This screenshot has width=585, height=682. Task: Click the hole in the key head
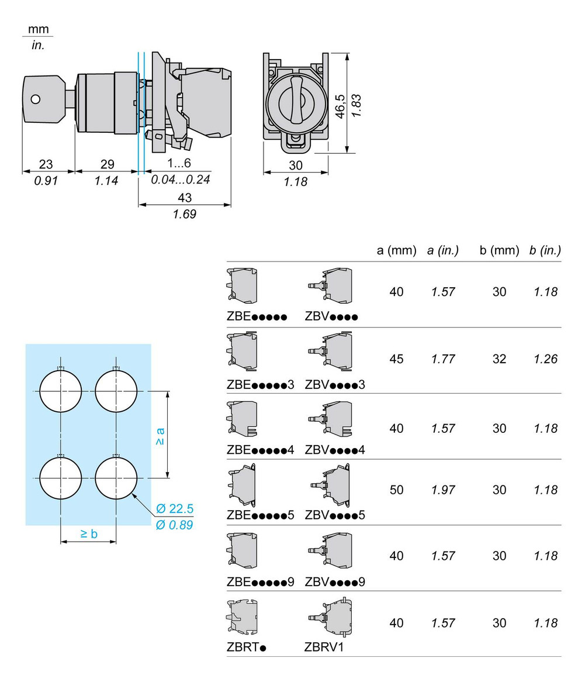(x=36, y=99)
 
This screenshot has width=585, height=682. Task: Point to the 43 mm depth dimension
(x=184, y=198)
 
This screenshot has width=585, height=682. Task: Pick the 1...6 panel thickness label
(x=179, y=164)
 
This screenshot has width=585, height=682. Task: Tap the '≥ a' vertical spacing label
(x=160, y=436)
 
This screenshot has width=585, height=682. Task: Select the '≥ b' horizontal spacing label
(x=89, y=533)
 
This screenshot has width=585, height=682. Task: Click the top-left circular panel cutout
(x=61, y=391)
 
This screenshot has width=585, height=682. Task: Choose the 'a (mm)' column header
(x=396, y=251)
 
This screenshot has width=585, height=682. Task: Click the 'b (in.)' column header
(x=545, y=251)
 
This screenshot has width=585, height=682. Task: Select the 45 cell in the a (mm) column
(x=396, y=359)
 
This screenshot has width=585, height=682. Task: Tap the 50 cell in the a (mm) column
(x=396, y=490)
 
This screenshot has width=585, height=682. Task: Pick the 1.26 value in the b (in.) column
(x=546, y=359)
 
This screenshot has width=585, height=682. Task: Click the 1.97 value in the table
(x=443, y=490)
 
